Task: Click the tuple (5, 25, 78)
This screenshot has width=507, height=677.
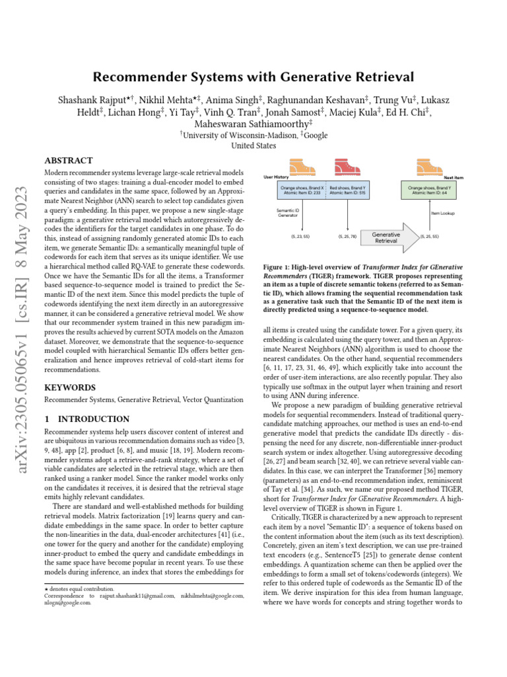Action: point(347,236)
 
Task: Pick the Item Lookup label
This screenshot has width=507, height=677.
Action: point(444,214)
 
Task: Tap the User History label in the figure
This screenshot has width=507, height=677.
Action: point(277,177)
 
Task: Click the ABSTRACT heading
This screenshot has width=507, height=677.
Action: point(68,161)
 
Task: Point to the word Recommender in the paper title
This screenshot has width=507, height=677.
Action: point(134,77)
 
